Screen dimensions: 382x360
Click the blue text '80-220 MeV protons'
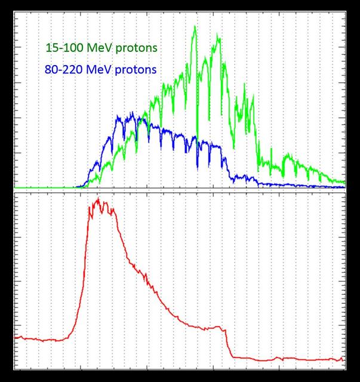(100, 70)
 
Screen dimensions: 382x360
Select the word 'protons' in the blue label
(135, 70)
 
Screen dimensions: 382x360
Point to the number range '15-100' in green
(64, 47)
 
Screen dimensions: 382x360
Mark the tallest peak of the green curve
(195, 27)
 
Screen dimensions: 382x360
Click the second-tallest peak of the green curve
(219, 35)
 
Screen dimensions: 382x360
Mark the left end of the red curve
(14, 338)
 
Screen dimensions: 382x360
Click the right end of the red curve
(343, 358)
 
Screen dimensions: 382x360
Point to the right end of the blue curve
(344, 187)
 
